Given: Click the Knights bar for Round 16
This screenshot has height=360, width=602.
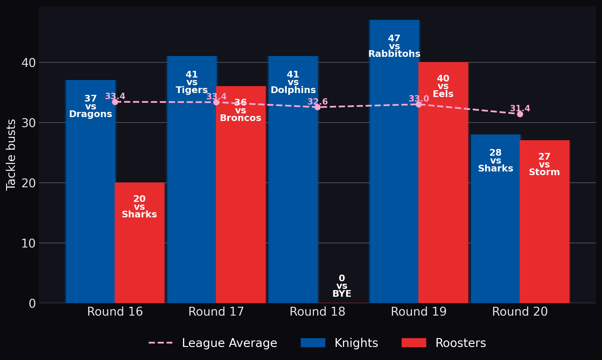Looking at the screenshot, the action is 91,192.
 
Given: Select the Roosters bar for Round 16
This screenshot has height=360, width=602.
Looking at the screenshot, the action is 140,243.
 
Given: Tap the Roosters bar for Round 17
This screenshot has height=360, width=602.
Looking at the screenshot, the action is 241,195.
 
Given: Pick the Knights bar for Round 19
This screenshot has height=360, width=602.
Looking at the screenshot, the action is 394,161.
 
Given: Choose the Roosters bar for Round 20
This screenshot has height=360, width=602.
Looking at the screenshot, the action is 545,222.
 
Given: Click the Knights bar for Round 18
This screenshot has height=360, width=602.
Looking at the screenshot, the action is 293,179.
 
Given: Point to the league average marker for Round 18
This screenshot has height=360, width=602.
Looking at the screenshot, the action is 317,107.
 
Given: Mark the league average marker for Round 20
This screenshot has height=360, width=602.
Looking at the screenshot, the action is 520,114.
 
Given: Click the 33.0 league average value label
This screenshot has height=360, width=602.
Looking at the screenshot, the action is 419,99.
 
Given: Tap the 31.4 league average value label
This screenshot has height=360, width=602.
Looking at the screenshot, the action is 520,109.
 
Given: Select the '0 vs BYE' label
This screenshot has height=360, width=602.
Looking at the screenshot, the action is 342,286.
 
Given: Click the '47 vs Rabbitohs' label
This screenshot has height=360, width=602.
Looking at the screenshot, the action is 394,46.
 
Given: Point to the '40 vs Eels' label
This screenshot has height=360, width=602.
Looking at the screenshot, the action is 443,86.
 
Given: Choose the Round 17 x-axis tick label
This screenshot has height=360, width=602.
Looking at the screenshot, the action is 216,312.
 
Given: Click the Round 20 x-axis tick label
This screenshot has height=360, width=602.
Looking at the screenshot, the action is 520,312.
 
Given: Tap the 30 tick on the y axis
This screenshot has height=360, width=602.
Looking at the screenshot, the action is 28,123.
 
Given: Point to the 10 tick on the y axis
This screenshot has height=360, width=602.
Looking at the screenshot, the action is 28,243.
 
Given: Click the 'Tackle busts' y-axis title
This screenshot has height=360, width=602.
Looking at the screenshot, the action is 11,155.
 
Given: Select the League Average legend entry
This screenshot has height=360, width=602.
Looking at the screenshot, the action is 213,343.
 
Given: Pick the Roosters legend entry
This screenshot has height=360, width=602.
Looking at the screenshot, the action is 444,343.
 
